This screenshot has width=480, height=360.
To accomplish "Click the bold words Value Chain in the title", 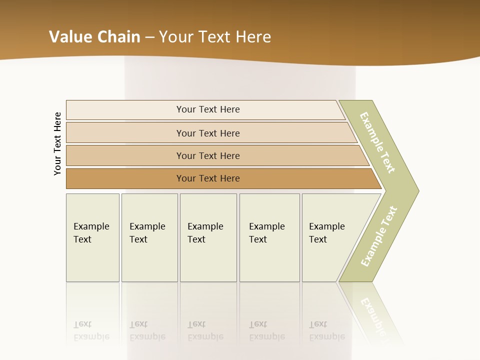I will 94,37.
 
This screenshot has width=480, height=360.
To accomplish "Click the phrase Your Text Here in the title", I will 215,37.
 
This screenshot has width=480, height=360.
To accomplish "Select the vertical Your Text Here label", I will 57,143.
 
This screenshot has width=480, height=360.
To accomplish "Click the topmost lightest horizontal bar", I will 207,109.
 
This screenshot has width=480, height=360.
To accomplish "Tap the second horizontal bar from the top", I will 207,133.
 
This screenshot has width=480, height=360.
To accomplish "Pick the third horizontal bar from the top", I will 207,155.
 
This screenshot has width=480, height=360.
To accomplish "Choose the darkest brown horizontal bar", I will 207,178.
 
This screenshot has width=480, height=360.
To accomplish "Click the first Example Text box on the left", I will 92,237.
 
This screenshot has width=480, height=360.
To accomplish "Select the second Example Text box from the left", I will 149,237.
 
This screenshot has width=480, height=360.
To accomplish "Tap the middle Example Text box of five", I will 208,237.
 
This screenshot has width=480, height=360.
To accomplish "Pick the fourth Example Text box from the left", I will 269,237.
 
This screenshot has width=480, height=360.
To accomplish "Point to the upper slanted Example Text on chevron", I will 378,142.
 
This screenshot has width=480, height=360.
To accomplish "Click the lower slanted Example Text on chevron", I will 379,236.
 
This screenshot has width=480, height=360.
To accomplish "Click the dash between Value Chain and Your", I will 149,37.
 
